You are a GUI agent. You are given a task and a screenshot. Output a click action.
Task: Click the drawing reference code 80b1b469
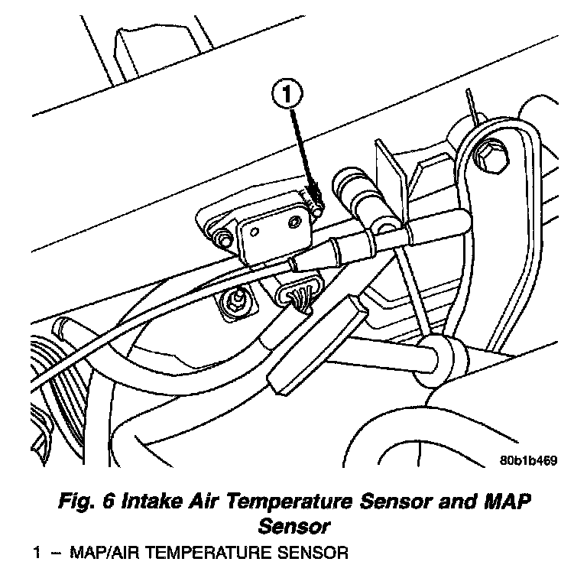click(527, 460)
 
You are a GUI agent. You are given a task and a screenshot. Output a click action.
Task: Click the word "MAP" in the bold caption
click(504, 503)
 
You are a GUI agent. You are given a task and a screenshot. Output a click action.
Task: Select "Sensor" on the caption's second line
click(294, 527)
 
